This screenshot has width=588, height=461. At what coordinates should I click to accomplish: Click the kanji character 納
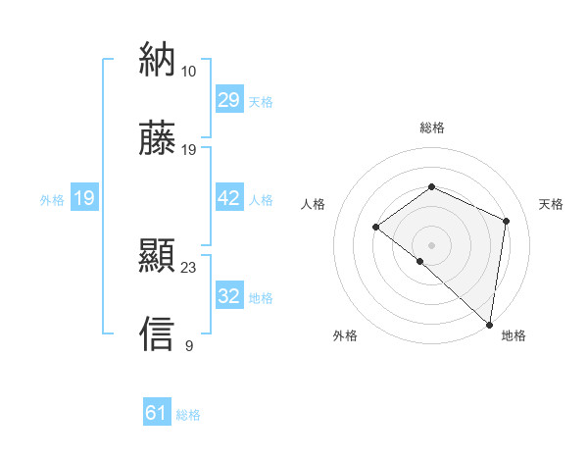pyautogui.click(x=157, y=61)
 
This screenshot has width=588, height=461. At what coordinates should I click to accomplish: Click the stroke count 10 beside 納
pyautogui.click(x=188, y=71)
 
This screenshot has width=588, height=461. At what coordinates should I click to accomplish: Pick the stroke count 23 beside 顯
pyautogui.click(x=189, y=267)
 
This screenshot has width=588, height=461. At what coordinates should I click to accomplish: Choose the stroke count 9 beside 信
pyautogui.click(x=188, y=345)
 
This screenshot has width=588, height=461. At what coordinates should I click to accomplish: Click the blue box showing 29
pyautogui.click(x=229, y=100)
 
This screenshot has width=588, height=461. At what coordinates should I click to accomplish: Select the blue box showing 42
pyautogui.click(x=229, y=198)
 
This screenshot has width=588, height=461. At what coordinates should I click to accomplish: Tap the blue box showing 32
pyautogui.click(x=229, y=296)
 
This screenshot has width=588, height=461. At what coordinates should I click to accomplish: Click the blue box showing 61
pyautogui.click(x=157, y=413)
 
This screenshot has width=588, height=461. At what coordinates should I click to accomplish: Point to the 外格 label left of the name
pyautogui.click(x=52, y=199)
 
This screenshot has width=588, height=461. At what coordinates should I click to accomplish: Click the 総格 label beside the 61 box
pyautogui.click(x=188, y=415)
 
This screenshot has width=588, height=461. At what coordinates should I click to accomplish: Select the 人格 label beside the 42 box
pyautogui.click(x=261, y=199)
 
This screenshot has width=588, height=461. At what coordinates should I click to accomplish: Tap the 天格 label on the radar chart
pyautogui.click(x=552, y=204)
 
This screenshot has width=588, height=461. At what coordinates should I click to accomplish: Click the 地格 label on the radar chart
pyautogui.click(x=514, y=335)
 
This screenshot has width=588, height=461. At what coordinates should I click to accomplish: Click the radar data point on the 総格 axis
pyautogui.click(x=431, y=187)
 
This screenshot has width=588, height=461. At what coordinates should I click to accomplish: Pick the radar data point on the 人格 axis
pyautogui.click(x=376, y=228)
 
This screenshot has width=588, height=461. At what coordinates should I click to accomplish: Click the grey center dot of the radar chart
pyautogui.click(x=431, y=244)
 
